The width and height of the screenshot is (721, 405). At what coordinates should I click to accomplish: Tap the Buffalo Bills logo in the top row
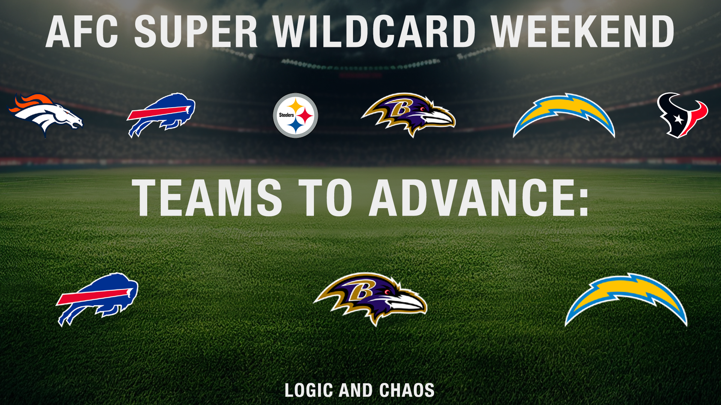point(161,115)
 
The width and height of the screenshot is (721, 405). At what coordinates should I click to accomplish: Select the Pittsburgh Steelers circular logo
point(296,115)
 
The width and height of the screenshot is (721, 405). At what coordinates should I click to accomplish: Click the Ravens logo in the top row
point(408,115)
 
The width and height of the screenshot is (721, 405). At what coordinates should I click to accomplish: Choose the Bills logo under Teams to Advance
point(97,299)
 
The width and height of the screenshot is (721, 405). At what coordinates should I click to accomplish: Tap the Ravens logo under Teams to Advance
point(370,299)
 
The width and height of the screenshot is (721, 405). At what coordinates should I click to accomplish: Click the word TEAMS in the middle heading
point(207,198)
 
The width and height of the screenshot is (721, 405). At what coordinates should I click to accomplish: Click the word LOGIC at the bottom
point(309,390)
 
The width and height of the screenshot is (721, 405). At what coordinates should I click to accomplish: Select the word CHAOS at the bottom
point(407,390)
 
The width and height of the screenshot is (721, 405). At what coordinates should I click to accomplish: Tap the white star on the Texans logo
point(679,119)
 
